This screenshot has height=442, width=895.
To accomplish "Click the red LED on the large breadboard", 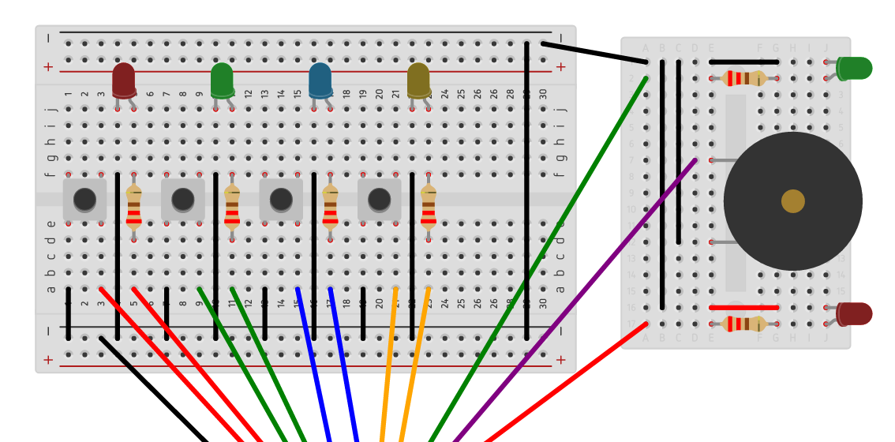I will click(x=124, y=80).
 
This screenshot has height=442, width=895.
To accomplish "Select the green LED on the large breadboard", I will click(x=222, y=80).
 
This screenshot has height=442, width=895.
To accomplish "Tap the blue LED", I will click(x=320, y=80).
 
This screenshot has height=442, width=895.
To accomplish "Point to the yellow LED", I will click(x=418, y=80).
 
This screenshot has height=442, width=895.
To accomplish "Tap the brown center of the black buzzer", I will click(x=792, y=201).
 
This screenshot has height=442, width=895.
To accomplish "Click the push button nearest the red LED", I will click(x=84, y=199).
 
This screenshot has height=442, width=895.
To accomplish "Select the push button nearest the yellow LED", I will click(x=379, y=199).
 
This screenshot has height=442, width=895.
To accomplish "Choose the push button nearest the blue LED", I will click(x=281, y=199).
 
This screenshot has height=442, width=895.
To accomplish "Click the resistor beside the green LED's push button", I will click(x=232, y=205).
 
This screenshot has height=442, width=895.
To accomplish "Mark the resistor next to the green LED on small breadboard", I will click(x=743, y=77).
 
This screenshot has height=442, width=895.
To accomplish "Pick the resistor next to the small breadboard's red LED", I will click(x=743, y=324).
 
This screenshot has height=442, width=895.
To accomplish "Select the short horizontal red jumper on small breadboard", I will click(x=743, y=307).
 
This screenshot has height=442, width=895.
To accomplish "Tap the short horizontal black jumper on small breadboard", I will click(x=743, y=62).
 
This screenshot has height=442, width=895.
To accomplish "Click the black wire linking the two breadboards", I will click(x=594, y=53).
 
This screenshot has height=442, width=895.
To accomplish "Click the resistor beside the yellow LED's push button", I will click(x=429, y=205).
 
